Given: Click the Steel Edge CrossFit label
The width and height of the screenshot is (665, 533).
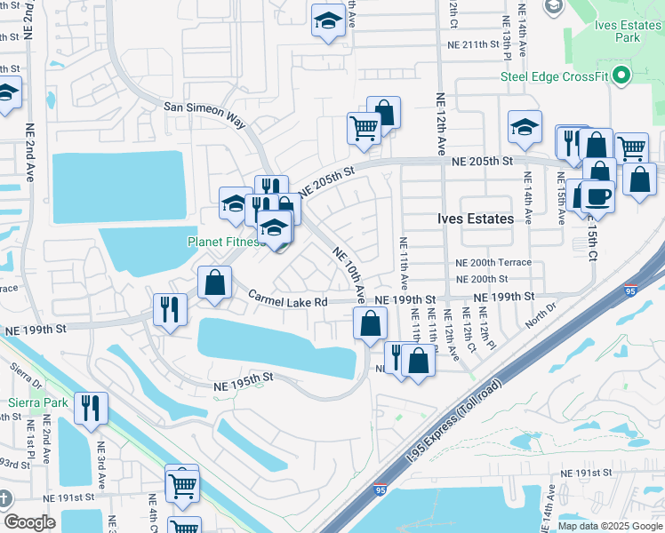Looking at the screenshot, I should (x=552, y=76).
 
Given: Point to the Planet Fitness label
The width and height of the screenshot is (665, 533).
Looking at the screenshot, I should (x=223, y=241).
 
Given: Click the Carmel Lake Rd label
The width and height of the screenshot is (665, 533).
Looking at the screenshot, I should (x=287, y=302).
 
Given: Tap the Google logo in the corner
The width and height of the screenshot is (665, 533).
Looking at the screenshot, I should (x=29, y=522).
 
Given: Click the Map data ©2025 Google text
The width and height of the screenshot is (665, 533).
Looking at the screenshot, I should (x=610, y=526).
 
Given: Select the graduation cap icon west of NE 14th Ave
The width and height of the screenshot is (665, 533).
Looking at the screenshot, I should (x=525, y=128).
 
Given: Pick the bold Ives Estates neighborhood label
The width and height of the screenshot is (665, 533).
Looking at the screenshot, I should (x=476, y=219).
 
